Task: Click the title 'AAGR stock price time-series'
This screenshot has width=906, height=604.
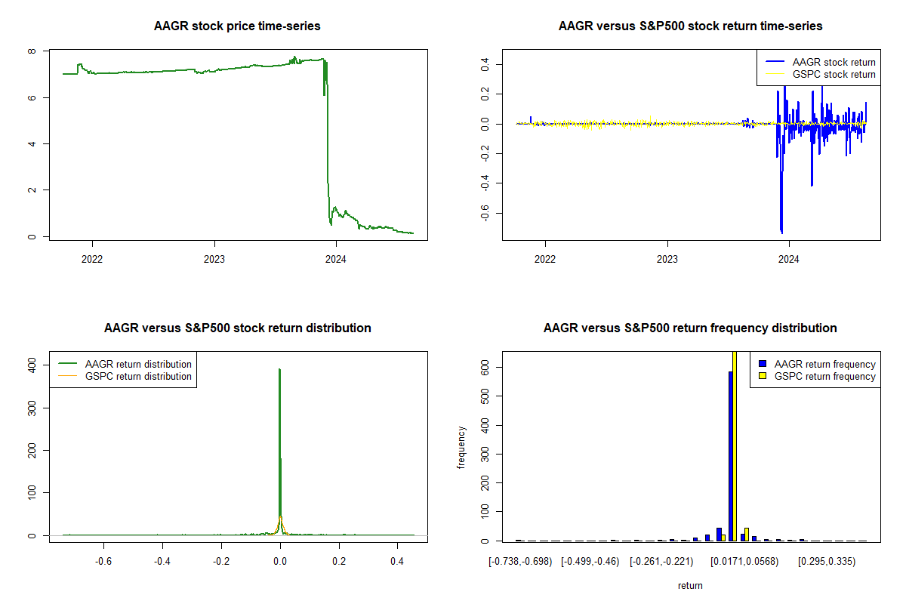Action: click(x=237, y=26)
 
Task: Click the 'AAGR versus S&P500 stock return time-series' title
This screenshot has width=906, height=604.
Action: click(x=690, y=26)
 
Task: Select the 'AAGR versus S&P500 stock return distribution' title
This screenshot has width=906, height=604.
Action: click(x=237, y=328)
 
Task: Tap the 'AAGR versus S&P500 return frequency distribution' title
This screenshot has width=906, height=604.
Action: click(x=690, y=328)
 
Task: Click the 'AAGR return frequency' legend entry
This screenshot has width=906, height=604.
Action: click(x=824, y=364)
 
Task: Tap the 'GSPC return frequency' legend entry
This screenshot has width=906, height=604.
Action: click(x=824, y=376)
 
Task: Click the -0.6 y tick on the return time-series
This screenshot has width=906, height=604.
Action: click(x=484, y=214)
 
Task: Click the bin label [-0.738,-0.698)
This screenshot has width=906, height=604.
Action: click(x=520, y=562)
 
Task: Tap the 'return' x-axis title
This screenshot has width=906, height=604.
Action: click(x=690, y=586)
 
